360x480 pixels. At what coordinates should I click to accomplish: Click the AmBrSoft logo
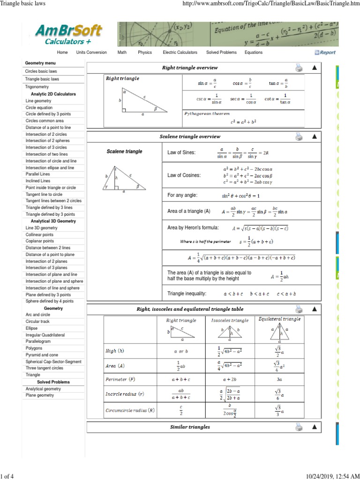(x=68, y=34)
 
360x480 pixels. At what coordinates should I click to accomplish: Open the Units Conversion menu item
(x=91, y=52)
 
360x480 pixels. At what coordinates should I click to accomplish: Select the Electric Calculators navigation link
(x=180, y=52)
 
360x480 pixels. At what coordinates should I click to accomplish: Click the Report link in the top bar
(x=325, y=52)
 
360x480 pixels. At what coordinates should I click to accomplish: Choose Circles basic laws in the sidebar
(x=41, y=71)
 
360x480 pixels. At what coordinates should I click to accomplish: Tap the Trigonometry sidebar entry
(x=37, y=87)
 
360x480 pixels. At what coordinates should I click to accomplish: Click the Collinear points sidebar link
(x=39, y=234)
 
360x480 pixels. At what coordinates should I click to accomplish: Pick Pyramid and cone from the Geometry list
(x=42, y=355)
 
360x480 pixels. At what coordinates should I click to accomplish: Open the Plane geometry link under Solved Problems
(x=40, y=395)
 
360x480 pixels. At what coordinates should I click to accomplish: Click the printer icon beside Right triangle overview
(x=299, y=68)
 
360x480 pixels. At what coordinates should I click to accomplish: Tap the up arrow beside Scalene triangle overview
(x=315, y=136)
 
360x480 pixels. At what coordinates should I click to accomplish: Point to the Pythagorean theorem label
(x=207, y=113)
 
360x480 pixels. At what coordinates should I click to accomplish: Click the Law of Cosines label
(x=184, y=175)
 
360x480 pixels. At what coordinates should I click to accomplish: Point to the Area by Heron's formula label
(x=193, y=227)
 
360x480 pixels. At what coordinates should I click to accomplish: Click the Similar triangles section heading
(x=190, y=427)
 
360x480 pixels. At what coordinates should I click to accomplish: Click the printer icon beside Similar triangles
(x=299, y=427)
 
